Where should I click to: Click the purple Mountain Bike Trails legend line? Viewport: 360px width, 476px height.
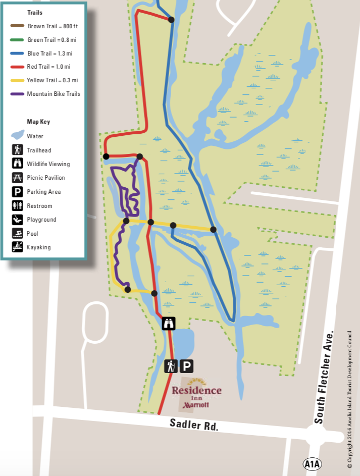coord(18,94)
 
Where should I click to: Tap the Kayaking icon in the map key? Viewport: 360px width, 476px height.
coord(18,247)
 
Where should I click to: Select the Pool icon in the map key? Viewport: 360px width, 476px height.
coord(18,233)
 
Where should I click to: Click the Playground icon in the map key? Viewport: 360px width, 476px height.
coord(18,220)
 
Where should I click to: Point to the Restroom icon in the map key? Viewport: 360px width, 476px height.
coord(18,205)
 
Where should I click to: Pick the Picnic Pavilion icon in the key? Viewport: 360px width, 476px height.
coord(18,178)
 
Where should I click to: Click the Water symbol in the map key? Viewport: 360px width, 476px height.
coord(18,135)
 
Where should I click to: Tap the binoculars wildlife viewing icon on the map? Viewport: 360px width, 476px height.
coord(169,323)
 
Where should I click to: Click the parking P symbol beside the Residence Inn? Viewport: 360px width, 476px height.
coord(186,366)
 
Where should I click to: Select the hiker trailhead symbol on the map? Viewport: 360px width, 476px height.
coord(171,366)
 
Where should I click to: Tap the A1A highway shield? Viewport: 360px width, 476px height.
coord(313,464)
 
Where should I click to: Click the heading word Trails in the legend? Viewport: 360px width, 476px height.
coord(35,13)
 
